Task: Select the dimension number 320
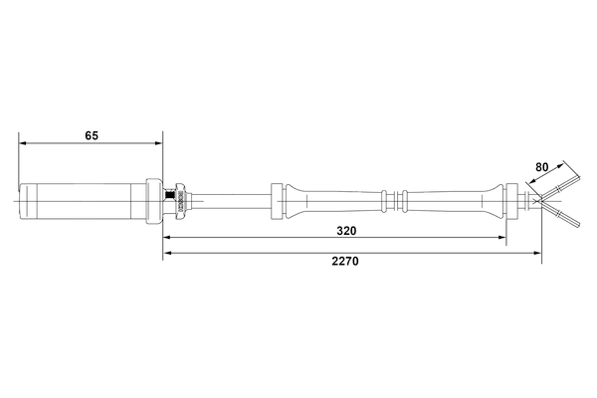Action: [345, 229]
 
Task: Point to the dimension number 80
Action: [542, 167]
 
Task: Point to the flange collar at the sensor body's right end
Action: [154, 202]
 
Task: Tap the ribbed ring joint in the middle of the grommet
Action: [397, 202]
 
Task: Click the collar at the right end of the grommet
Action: [512, 202]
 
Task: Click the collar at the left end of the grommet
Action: [278, 202]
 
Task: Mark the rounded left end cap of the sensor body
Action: [23, 202]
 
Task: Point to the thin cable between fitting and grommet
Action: [234, 202]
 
